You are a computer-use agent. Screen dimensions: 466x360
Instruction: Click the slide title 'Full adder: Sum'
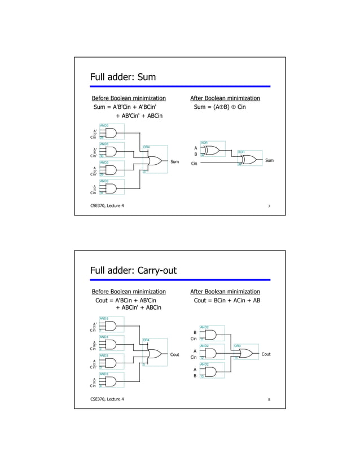pyautogui.click(x=123, y=77)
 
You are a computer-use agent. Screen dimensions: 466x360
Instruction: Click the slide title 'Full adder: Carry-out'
pyautogui.click(x=133, y=271)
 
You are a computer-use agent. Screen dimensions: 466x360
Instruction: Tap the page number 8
pyautogui.click(x=269, y=399)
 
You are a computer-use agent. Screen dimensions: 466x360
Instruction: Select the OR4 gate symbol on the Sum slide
pyautogui.click(x=153, y=160)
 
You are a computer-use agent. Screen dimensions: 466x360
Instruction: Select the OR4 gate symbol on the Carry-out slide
pyautogui.click(x=153, y=354)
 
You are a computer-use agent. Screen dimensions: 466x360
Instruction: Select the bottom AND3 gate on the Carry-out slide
pyautogui.click(x=111, y=382)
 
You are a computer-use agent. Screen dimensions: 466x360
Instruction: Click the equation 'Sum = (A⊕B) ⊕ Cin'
pyautogui.click(x=219, y=107)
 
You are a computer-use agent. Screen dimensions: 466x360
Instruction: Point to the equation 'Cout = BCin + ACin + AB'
pyautogui.click(x=227, y=301)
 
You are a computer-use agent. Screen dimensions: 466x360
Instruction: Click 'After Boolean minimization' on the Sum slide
pyautogui.click(x=225, y=98)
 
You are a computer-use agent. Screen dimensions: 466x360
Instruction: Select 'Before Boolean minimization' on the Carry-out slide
pyautogui.click(x=129, y=292)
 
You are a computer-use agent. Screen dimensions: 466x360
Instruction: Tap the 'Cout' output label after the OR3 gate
pyautogui.click(x=266, y=354)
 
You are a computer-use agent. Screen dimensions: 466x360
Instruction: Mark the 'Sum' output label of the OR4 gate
pyautogui.click(x=175, y=161)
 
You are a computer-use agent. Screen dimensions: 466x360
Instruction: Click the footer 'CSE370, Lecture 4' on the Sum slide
pyautogui.click(x=108, y=205)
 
